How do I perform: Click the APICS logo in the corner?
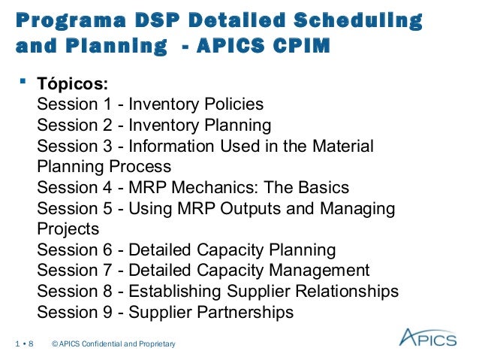point(427,337)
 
